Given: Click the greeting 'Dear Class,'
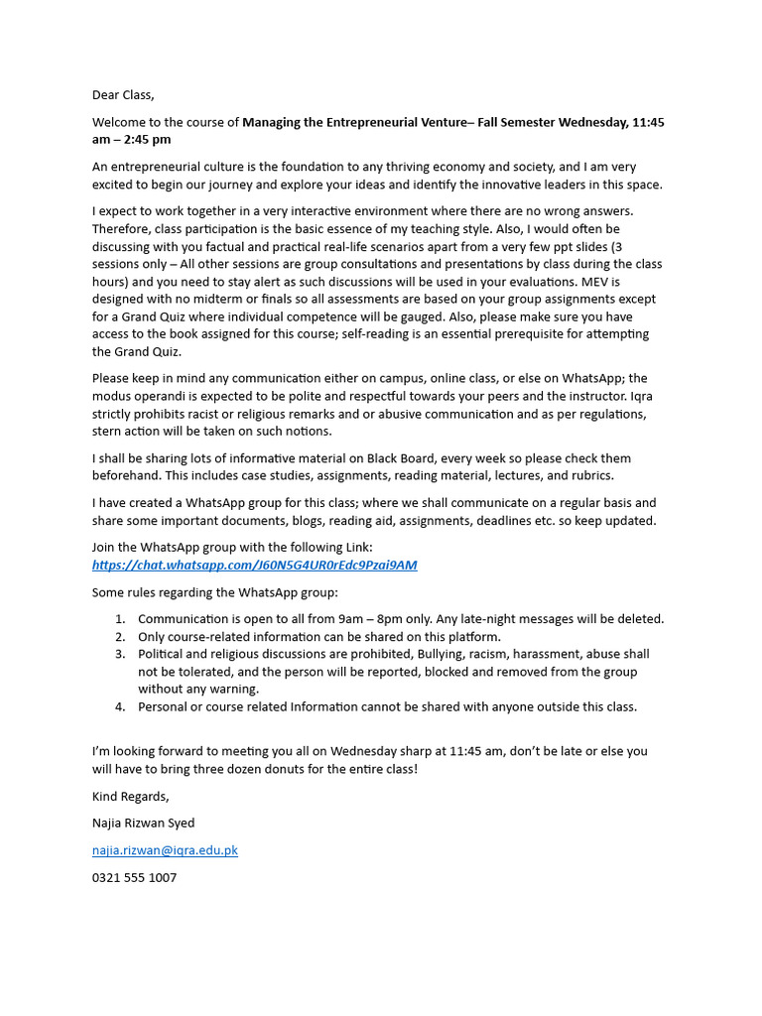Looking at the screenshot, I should pos(123,95).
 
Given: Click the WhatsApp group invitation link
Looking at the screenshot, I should pos(254,565).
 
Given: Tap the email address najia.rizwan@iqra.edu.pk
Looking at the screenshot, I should pos(165,850).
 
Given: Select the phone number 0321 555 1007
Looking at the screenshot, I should pos(134,878).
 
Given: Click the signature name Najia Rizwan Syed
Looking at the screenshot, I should pos(143,823).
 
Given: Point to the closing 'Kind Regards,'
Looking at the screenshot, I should pos(131,796).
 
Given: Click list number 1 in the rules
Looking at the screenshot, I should pos(119,619).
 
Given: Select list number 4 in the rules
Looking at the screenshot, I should pos(119,706).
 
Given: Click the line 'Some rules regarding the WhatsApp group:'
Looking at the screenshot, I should pos(215,592).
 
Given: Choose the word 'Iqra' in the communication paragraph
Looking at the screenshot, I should pos(636,396).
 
